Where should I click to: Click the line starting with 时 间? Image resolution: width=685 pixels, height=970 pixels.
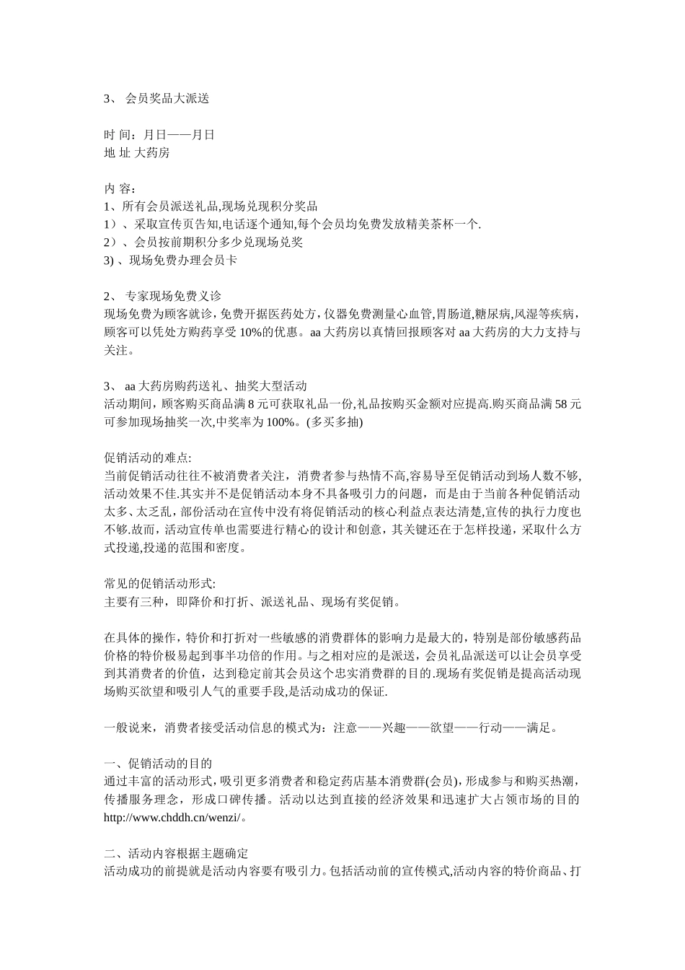pyautogui.click(x=159, y=134)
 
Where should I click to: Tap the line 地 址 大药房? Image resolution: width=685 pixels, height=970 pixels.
pyautogui.click(x=137, y=152)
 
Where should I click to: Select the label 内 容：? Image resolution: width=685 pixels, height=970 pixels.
pyautogui.click(x=120, y=188)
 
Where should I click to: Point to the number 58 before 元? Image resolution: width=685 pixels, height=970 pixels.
pyautogui.click(x=561, y=404)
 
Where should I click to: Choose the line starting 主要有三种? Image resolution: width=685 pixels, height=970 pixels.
pyautogui.click(x=252, y=601)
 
